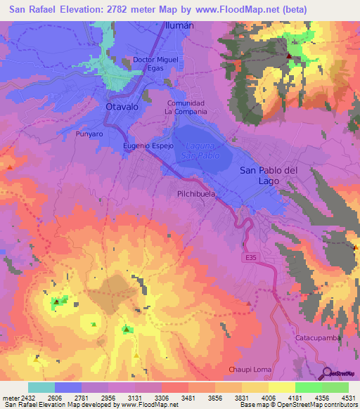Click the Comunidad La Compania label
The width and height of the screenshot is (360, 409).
coord(185,107)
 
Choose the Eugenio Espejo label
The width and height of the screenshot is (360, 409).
coord(148,145)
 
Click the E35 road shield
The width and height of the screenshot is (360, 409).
coord(251,259)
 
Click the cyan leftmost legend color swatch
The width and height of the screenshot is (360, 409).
coord(41,387)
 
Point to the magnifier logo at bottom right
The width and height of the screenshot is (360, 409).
coord(326,372)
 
